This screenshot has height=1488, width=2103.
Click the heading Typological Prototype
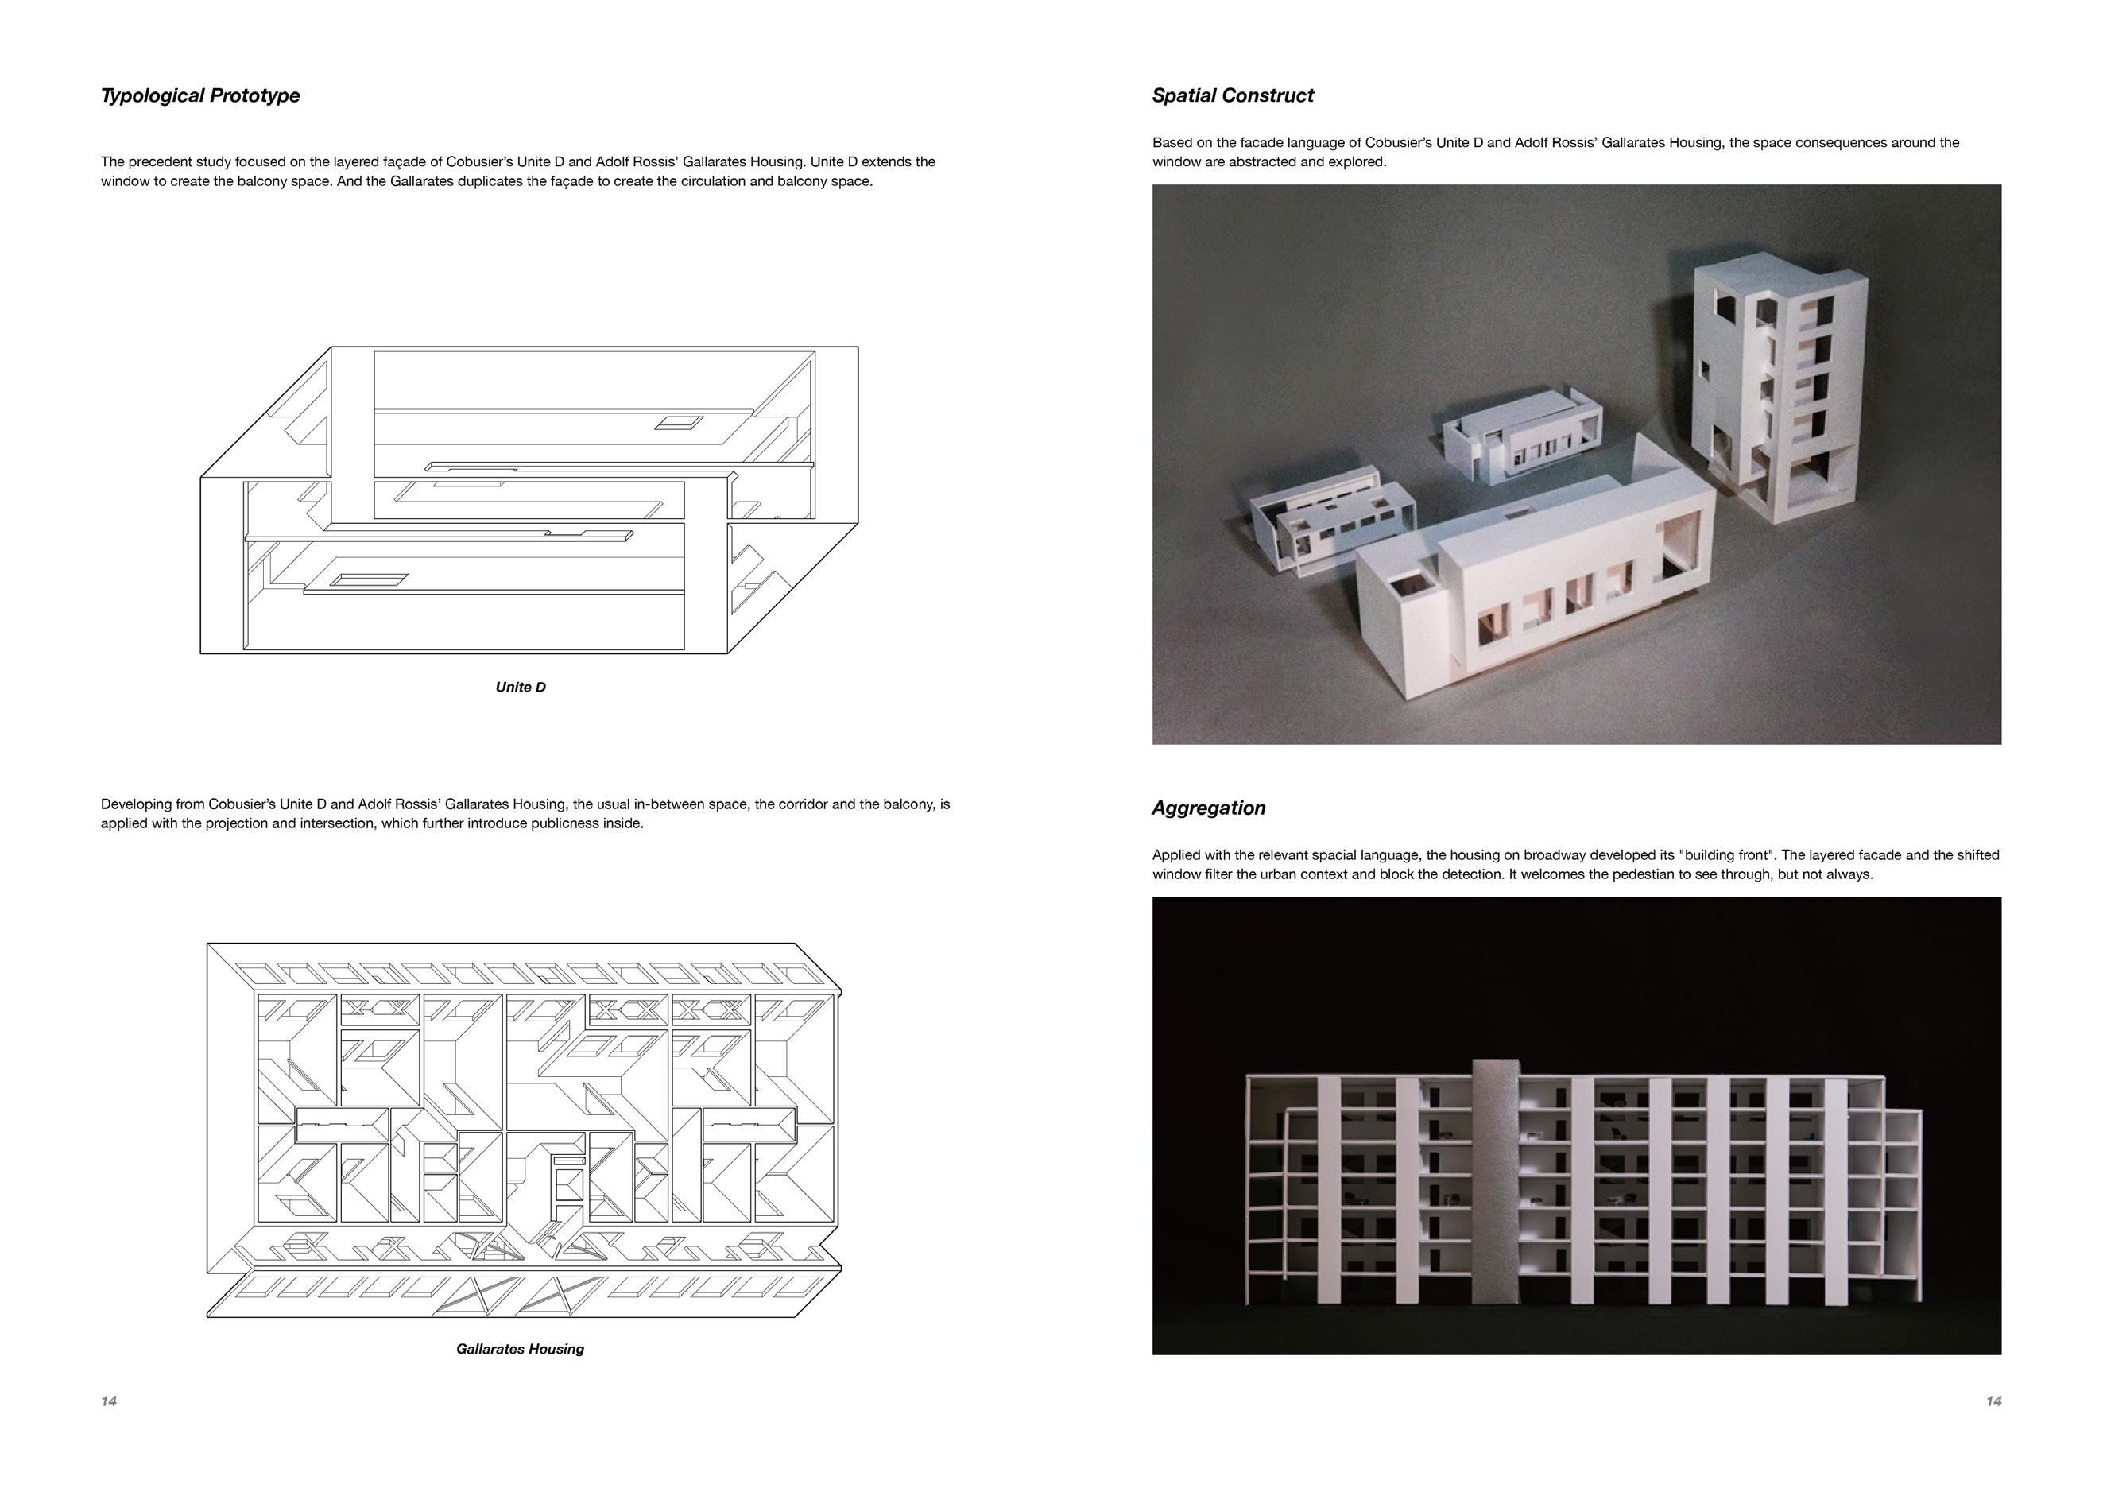click(199, 95)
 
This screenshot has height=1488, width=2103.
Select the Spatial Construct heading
click(1232, 95)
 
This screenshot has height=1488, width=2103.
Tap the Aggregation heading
click(1208, 808)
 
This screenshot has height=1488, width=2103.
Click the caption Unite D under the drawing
click(521, 688)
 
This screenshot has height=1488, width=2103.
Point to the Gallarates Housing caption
click(521, 1349)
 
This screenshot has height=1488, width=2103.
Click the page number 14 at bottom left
click(109, 1401)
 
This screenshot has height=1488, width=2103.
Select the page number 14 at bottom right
click(1993, 1401)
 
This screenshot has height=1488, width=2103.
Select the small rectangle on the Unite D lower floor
click(367, 579)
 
